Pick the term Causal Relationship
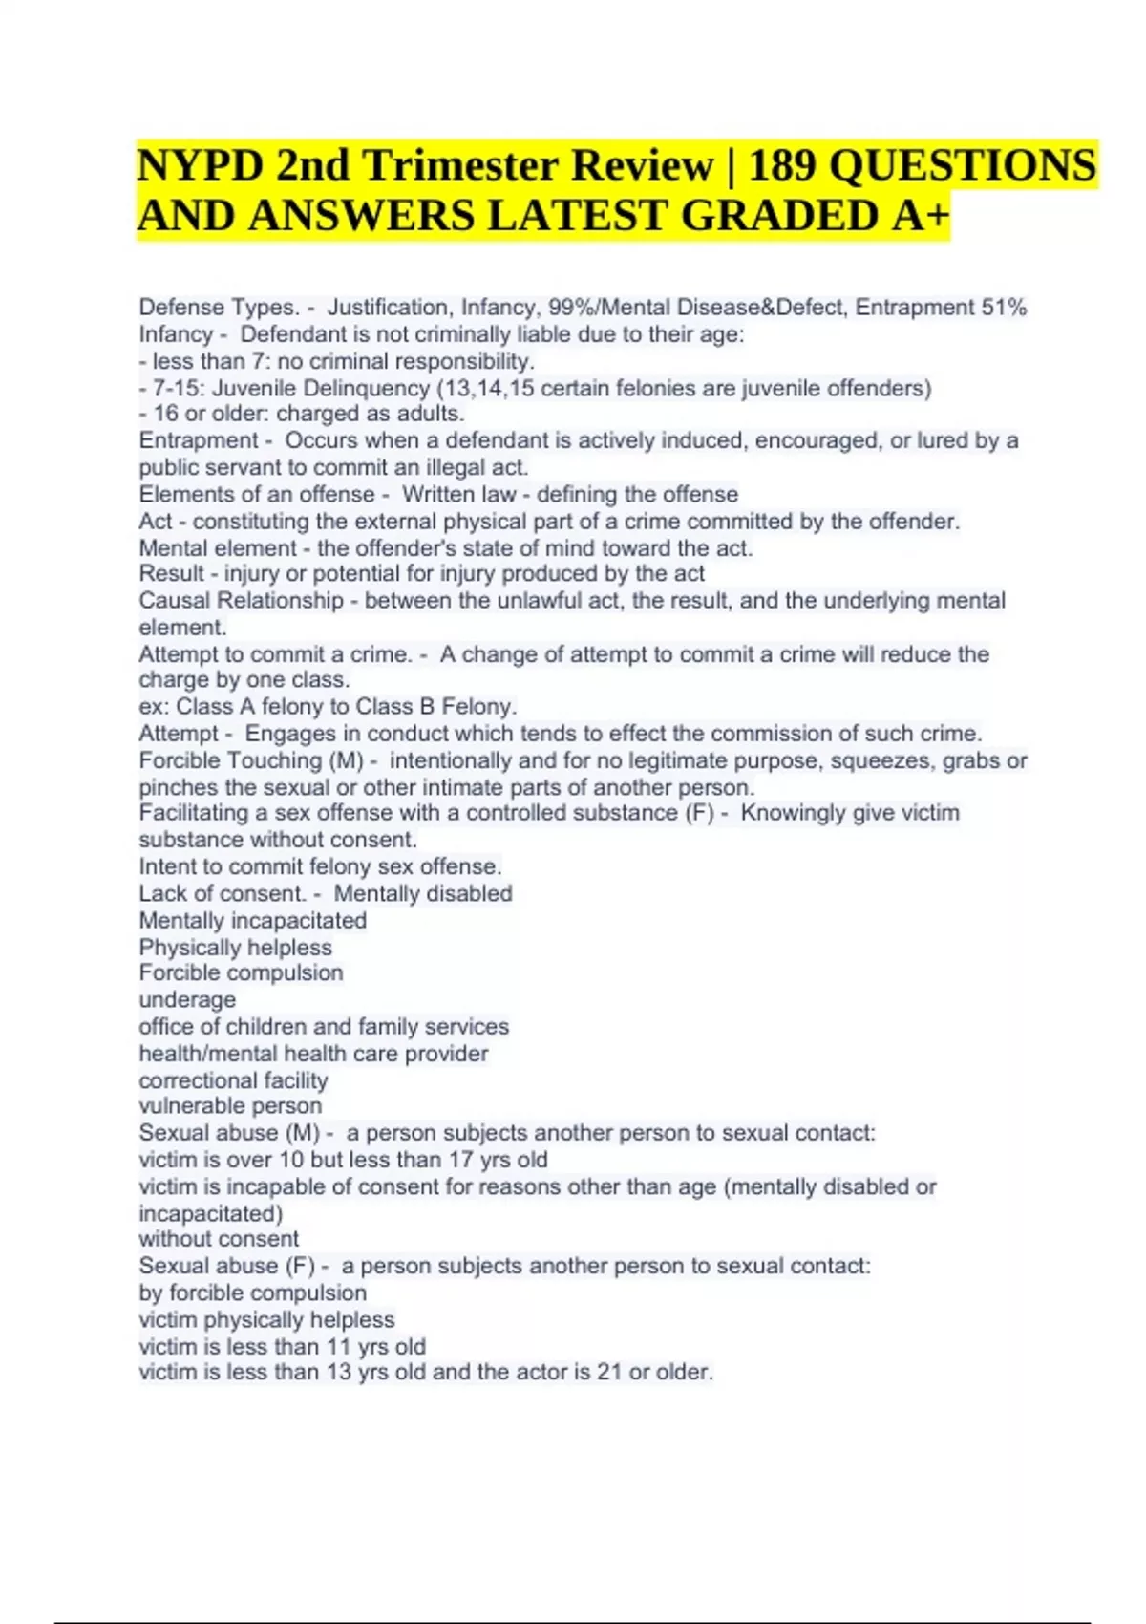241,601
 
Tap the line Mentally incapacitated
252,920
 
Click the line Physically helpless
235,947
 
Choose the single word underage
187,1000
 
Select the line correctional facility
233,1080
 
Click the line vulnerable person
230,1106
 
